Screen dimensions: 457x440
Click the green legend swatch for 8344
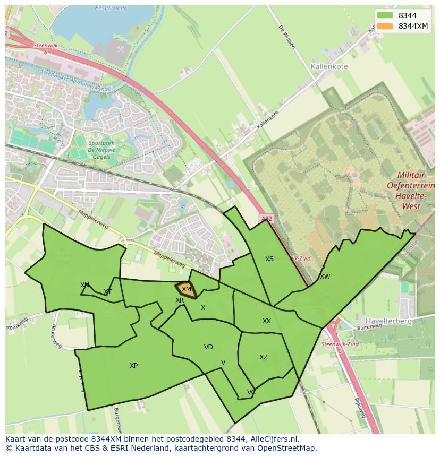(x=385, y=15)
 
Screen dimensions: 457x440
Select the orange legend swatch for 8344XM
(x=385, y=26)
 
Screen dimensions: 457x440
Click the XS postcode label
(x=269, y=259)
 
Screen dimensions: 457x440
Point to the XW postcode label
(x=325, y=277)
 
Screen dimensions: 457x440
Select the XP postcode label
(x=133, y=366)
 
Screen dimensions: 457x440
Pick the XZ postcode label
(x=264, y=357)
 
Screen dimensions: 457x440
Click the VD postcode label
(x=208, y=347)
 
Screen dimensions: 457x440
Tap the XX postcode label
(x=267, y=321)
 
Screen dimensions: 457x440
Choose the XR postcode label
(x=180, y=300)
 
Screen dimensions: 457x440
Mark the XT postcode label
(x=108, y=292)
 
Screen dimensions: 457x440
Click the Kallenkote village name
(x=329, y=67)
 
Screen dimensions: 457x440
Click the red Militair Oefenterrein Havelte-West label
(x=416, y=185)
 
